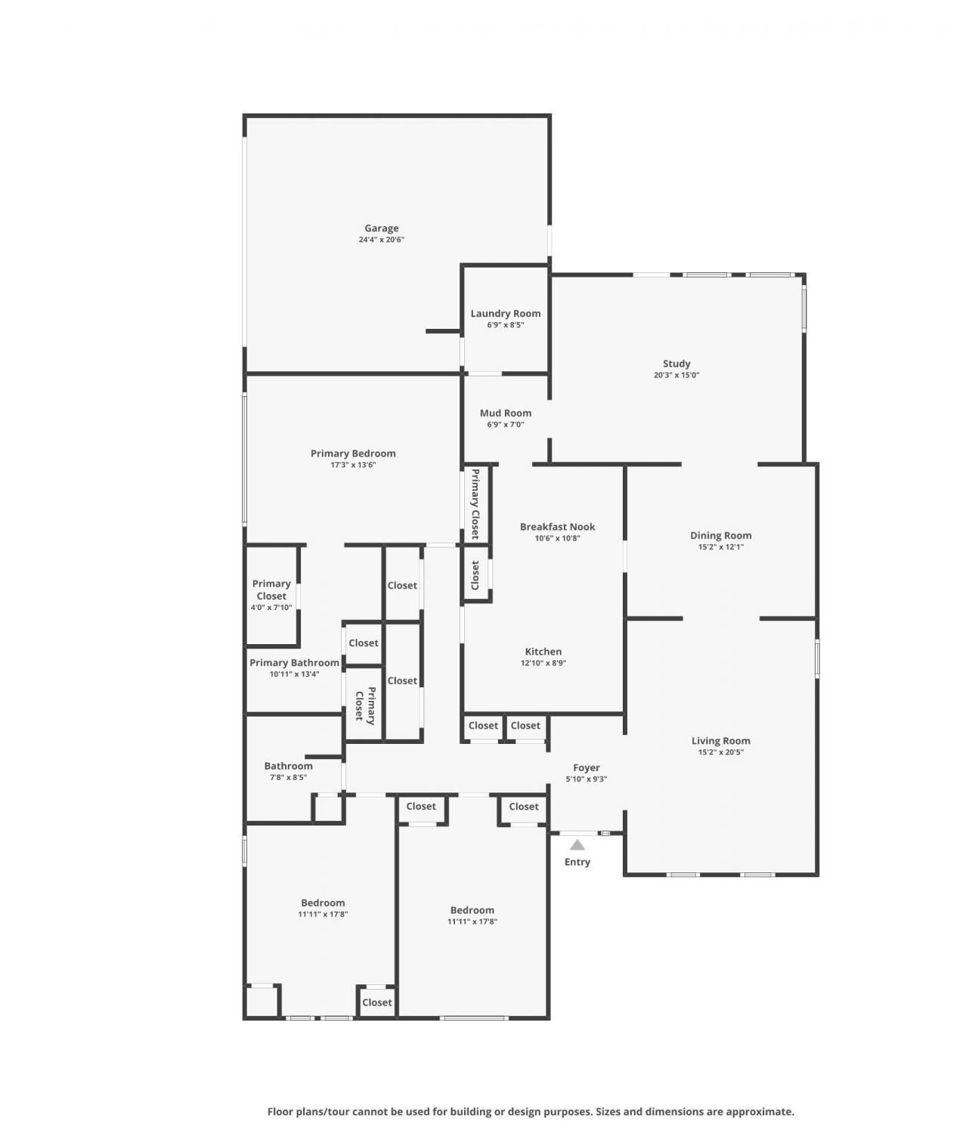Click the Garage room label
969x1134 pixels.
pyautogui.click(x=381, y=228)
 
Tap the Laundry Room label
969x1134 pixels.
pyautogui.click(x=505, y=313)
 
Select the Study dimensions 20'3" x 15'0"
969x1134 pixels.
pyautogui.click(x=676, y=375)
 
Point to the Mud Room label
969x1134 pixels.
pyautogui.click(x=505, y=413)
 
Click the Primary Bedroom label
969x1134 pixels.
pyautogui.click(x=353, y=454)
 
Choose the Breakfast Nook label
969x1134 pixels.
pyautogui.click(x=557, y=527)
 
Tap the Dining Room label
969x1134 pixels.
pyautogui.click(x=720, y=535)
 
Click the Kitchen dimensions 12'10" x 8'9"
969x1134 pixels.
pyautogui.click(x=543, y=663)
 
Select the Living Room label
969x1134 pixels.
pyautogui.click(x=720, y=741)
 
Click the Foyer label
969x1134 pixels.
pyautogui.click(x=587, y=767)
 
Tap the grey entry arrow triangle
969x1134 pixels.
pyautogui.click(x=577, y=845)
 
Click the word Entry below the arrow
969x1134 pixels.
pyautogui.click(x=577, y=862)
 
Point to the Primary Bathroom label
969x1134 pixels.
pyautogui.click(x=295, y=663)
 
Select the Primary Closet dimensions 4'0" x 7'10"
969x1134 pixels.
pyautogui.click(x=271, y=607)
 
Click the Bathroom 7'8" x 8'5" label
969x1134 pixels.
pyautogui.click(x=288, y=771)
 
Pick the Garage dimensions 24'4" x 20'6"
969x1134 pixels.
pyautogui.click(x=381, y=240)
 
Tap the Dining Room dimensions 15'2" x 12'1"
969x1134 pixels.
pyautogui.click(x=720, y=547)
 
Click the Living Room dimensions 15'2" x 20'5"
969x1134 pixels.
pyautogui.click(x=720, y=752)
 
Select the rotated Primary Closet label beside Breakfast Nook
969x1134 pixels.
pyautogui.click(x=475, y=503)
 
